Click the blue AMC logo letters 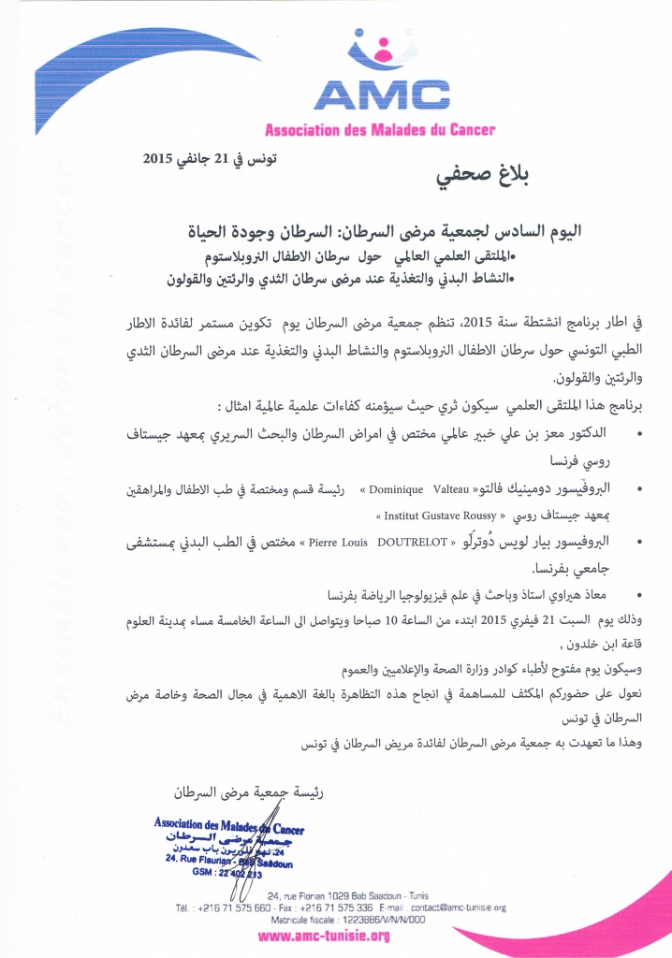click(381, 94)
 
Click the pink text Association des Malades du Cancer click(380, 129)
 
